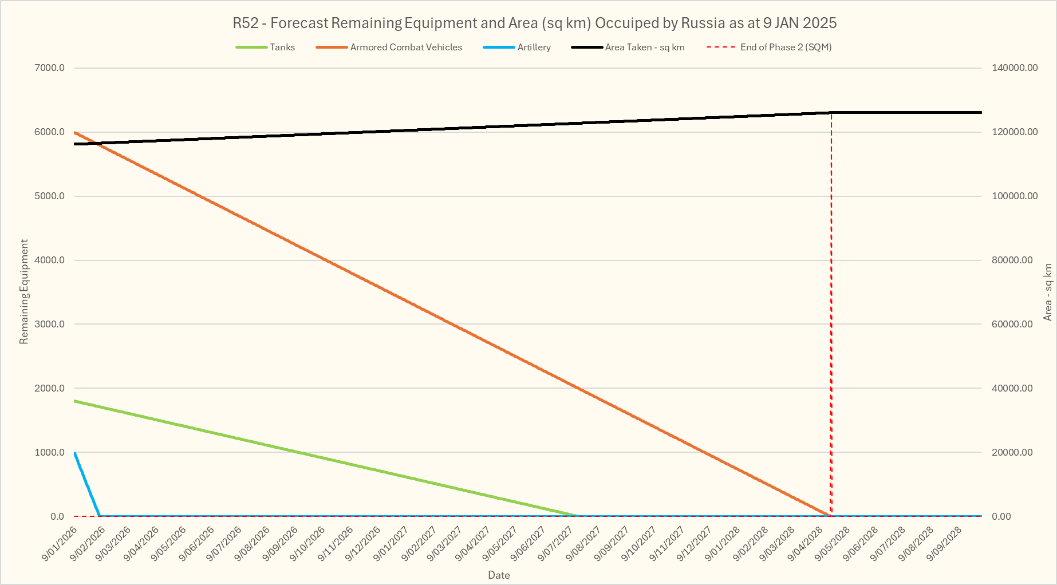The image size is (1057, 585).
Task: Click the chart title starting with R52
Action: click(534, 23)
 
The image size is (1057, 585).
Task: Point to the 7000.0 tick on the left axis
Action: click(50, 68)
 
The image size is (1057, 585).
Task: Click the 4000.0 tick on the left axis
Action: click(50, 260)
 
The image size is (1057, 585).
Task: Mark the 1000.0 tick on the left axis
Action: click(50, 452)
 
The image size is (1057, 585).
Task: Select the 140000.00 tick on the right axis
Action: click(1014, 68)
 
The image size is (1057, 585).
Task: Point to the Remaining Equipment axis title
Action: click(24, 292)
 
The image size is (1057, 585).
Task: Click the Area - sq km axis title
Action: click(1048, 292)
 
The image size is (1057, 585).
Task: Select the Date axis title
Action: click(499, 575)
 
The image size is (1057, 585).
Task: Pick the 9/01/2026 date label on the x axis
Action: click(60, 544)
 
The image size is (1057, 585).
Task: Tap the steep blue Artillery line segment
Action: click(88, 484)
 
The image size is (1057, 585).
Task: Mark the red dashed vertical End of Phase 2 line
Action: click(831, 315)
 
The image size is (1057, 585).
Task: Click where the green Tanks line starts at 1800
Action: click(76, 401)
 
